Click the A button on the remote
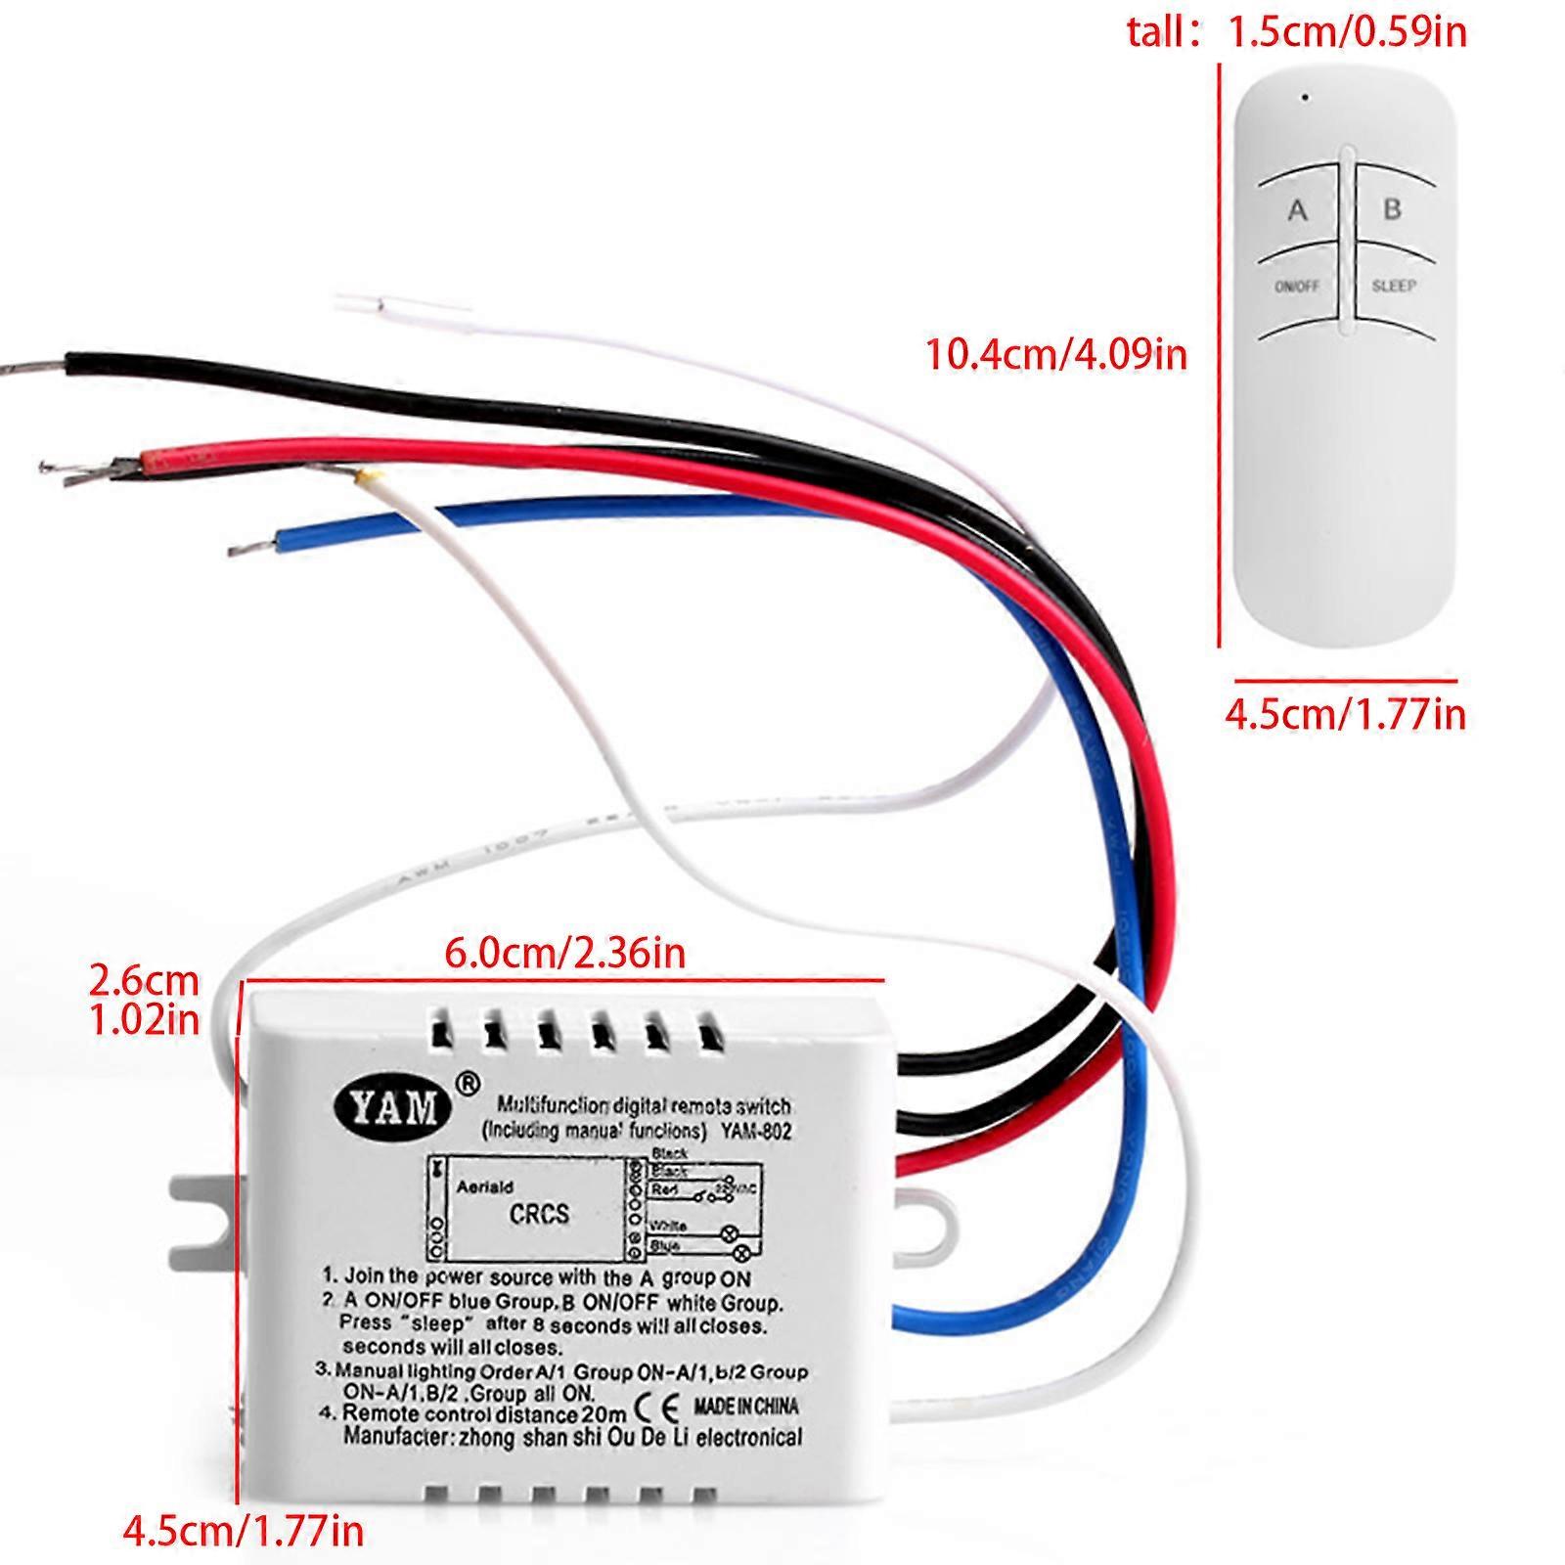1297,210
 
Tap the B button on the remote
1392,208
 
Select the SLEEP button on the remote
1393,286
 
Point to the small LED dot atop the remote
1305,97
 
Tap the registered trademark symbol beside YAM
469,1083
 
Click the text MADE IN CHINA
745,1407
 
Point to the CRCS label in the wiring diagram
539,1214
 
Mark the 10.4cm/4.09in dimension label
1056,353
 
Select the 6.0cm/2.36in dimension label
564,952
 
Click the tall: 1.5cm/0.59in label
1297,32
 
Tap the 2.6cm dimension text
144,979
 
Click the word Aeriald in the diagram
485,1186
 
